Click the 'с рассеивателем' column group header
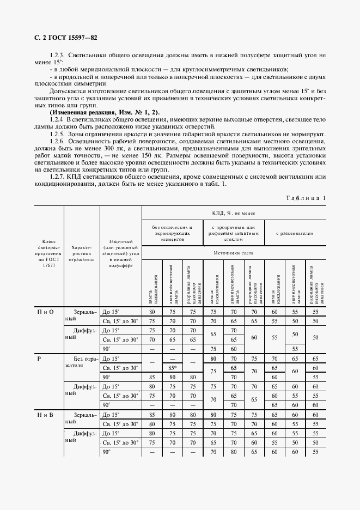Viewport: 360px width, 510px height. point(295,233)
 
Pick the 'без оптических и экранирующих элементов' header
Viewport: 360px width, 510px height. point(173,233)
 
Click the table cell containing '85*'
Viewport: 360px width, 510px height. point(172,367)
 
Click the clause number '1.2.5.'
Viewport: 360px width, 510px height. point(57,133)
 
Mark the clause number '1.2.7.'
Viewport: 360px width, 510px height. point(57,176)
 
